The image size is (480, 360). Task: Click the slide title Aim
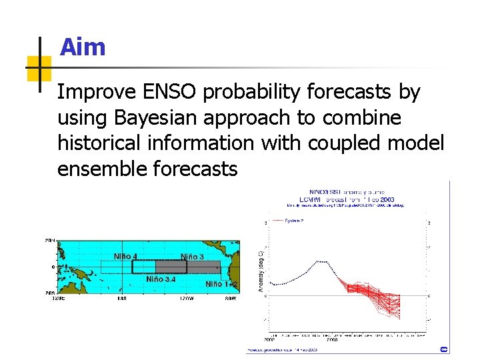(x=83, y=47)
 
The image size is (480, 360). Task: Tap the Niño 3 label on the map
(x=192, y=257)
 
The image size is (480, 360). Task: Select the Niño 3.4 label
(x=161, y=279)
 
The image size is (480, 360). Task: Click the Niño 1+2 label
(x=221, y=284)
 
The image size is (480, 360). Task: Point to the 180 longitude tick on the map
(x=121, y=299)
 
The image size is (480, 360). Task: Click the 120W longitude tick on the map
(x=185, y=299)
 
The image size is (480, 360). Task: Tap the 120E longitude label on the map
(x=59, y=299)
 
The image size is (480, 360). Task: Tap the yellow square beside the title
(x=39, y=69)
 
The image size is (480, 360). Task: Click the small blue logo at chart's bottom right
(x=444, y=349)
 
